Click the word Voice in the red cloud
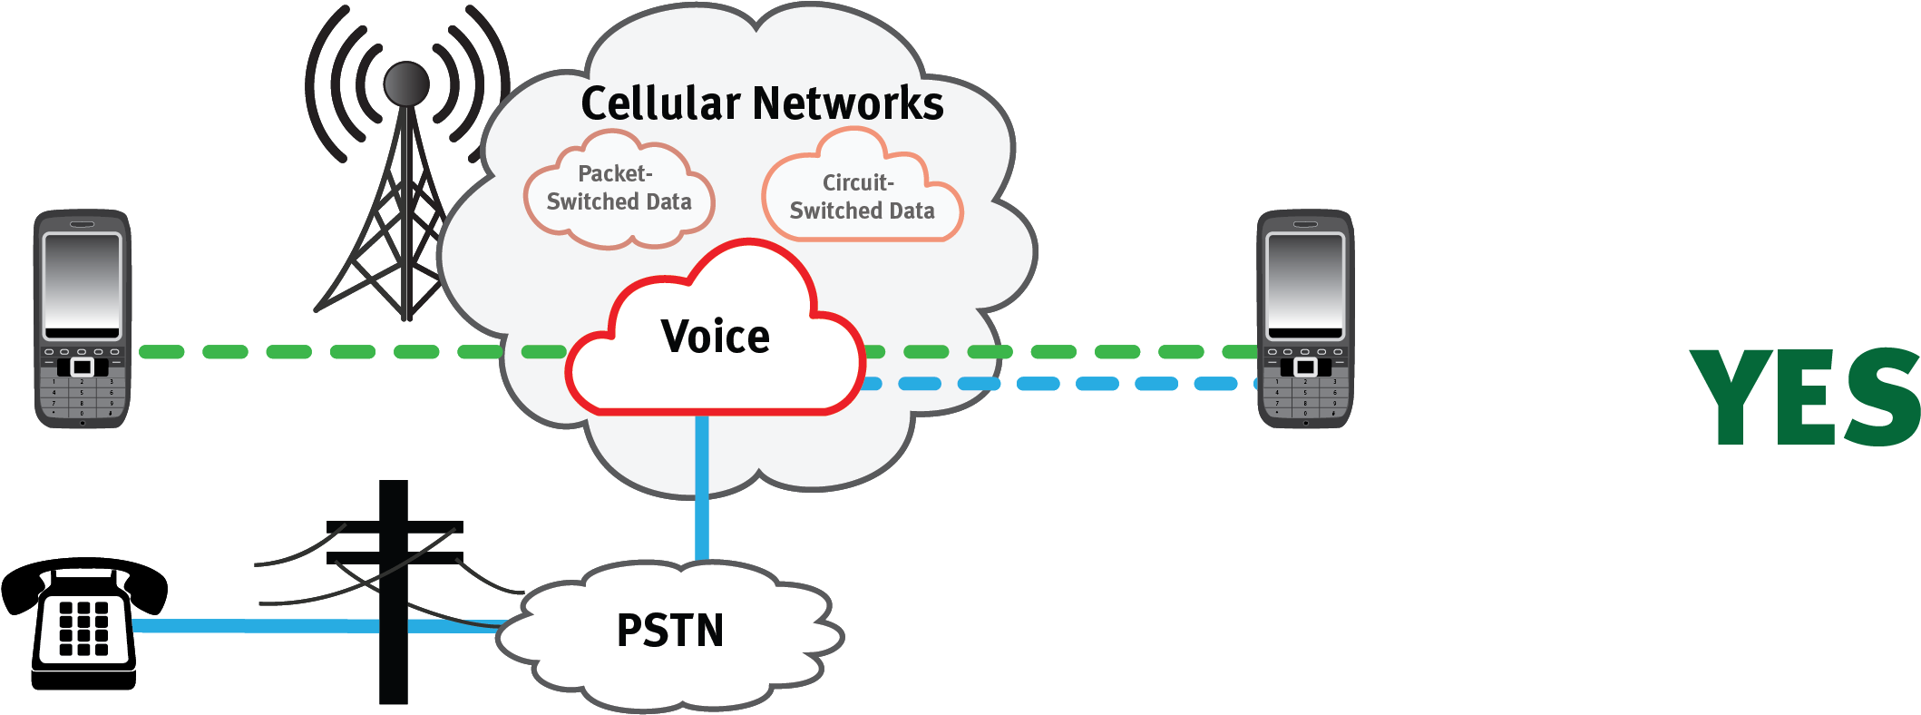click(716, 338)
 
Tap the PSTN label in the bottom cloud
click(670, 631)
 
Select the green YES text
click(1805, 397)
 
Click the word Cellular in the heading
click(660, 103)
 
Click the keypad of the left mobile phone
click(82, 397)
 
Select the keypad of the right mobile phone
click(1305, 397)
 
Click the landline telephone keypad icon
click(84, 629)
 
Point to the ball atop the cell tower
click(406, 83)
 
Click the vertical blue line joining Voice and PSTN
click(701, 490)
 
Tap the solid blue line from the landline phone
click(254, 625)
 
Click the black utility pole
click(393, 635)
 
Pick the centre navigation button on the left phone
click(83, 367)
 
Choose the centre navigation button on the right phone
click(1305, 367)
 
